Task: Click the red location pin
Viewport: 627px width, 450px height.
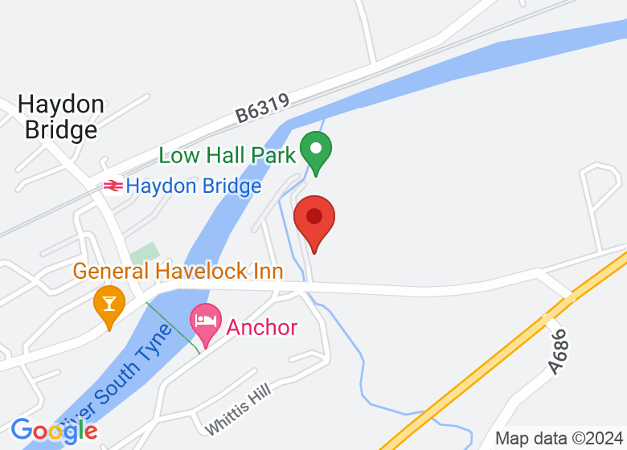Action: [x=314, y=219]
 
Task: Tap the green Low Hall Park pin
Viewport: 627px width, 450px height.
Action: [x=317, y=151]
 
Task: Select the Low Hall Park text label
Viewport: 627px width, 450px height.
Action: [x=227, y=155]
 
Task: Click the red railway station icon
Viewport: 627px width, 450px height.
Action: [x=112, y=186]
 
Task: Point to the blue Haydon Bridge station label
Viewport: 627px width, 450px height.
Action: [x=194, y=186]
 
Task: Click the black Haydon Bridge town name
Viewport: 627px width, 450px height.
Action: [x=61, y=117]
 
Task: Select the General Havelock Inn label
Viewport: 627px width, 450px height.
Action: [x=178, y=271]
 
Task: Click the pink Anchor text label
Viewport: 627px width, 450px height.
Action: [x=262, y=328]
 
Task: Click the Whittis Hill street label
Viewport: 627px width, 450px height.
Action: [x=239, y=409]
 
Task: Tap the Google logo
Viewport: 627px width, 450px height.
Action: [x=54, y=431]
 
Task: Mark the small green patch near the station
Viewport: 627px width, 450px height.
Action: [x=145, y=253]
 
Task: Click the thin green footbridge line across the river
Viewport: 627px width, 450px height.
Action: [x=173, y=328]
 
